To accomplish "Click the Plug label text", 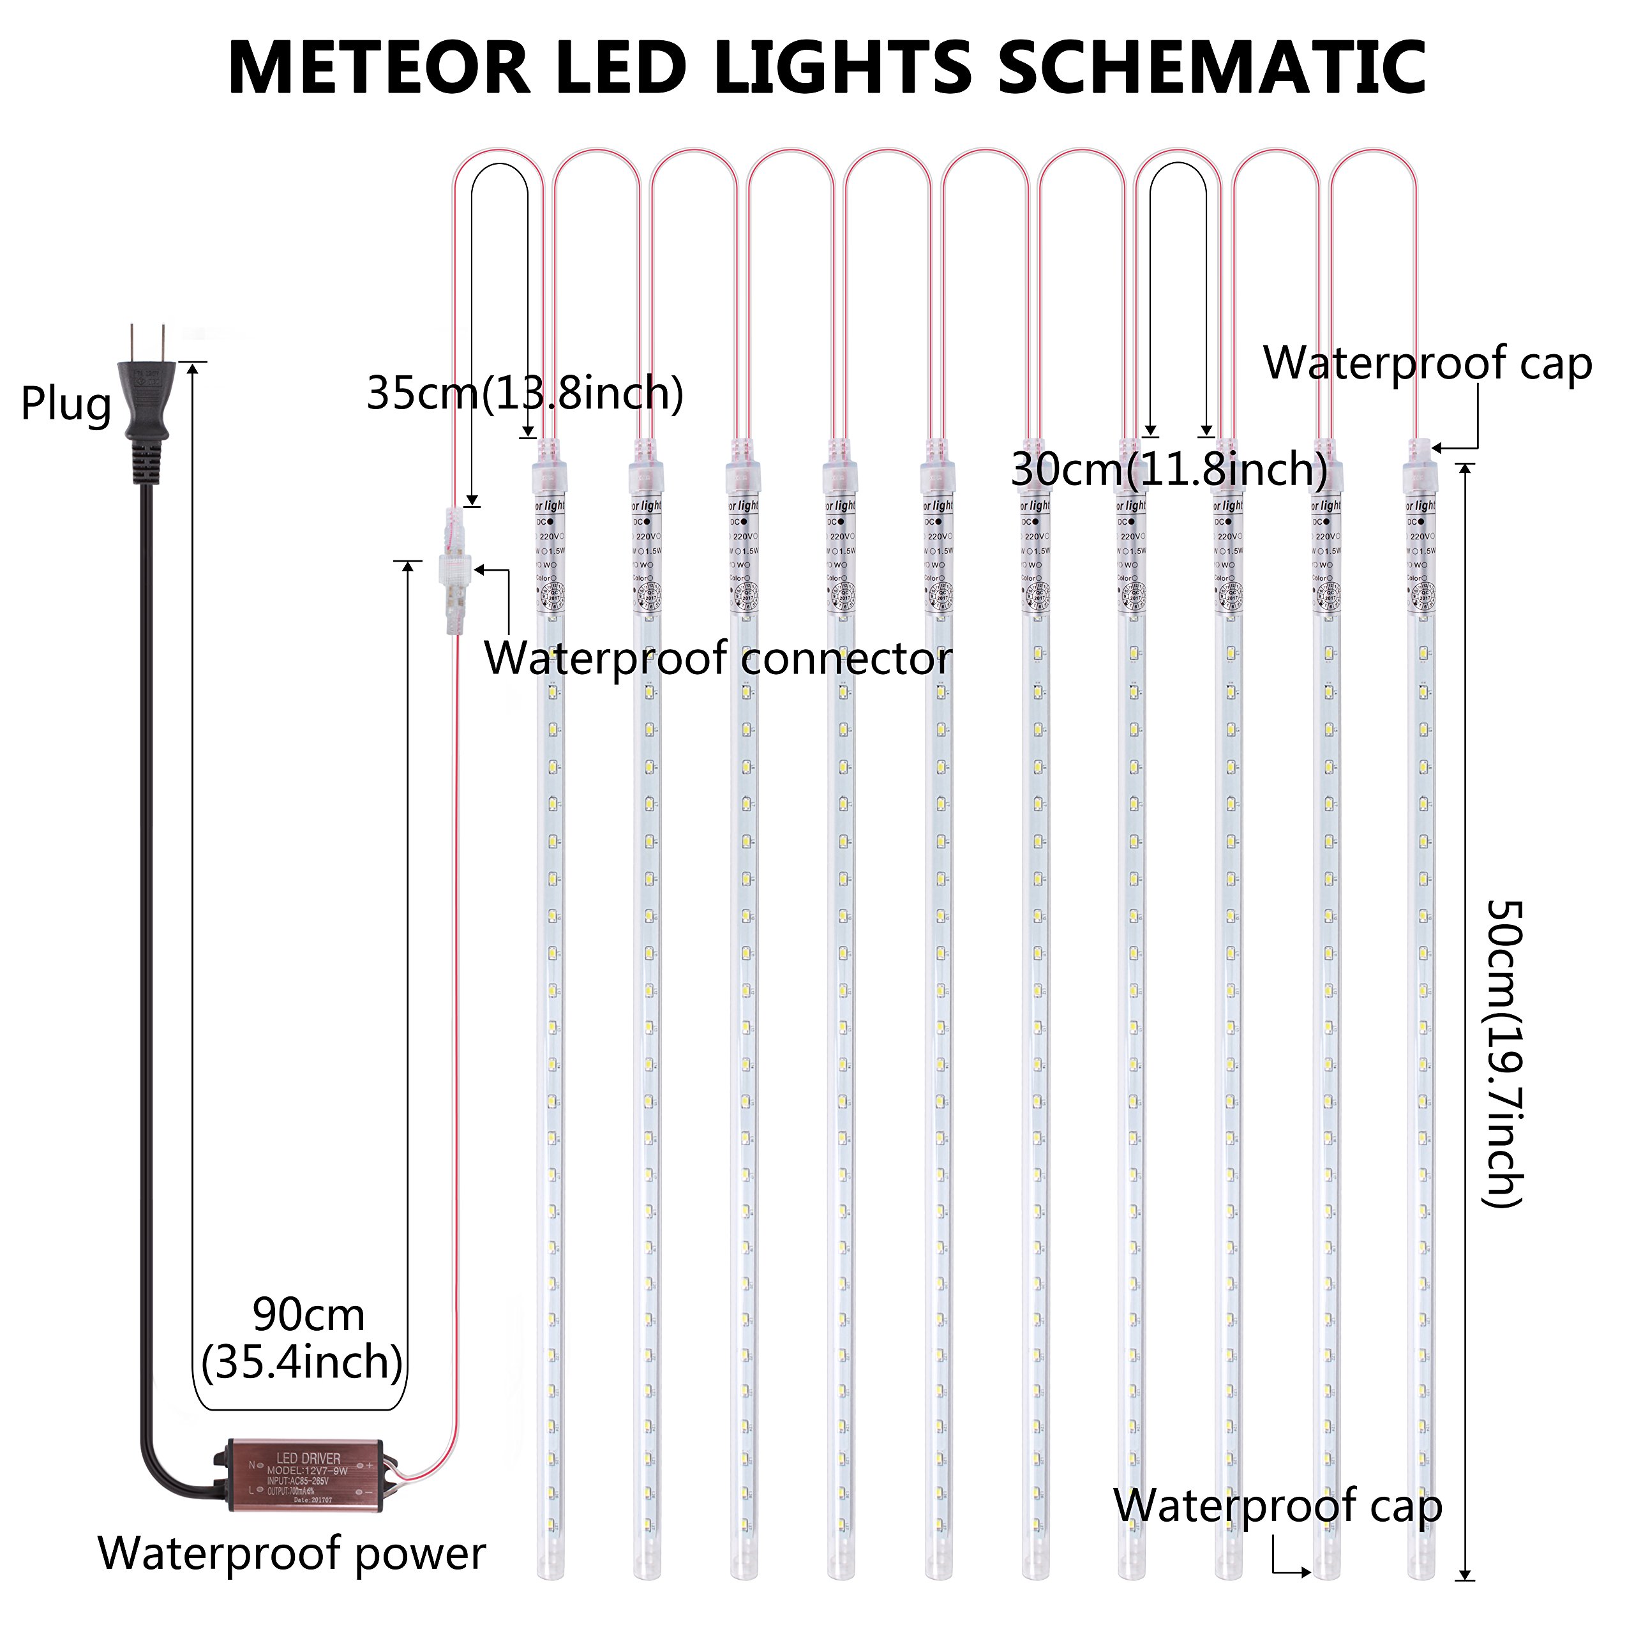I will pos(66,403).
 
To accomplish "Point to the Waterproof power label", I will pos(292,1553).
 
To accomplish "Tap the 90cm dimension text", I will pos(309,1315).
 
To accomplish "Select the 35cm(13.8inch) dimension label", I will pos(525,393).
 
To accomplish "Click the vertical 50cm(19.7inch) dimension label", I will pos(1504,1053).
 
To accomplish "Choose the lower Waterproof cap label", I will pos(1277,1506).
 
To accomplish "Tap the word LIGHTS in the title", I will pos(843,68).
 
